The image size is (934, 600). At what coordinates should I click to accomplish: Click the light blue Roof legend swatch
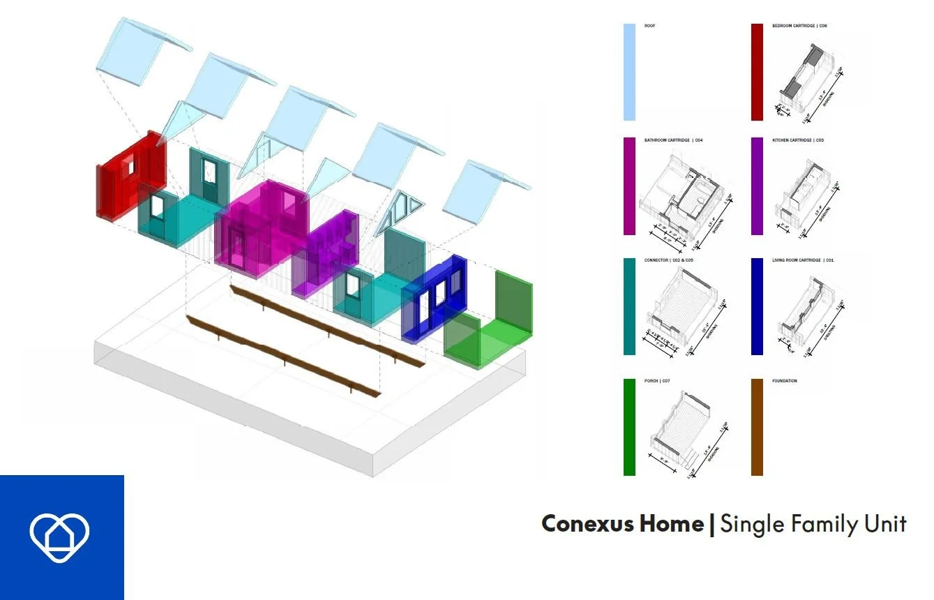point(629,72)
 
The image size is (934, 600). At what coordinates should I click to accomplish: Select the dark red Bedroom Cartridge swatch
point(757,72)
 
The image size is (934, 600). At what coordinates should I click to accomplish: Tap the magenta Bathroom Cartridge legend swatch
point(629,186)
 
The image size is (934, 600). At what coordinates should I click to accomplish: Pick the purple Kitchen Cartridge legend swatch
point(757,186)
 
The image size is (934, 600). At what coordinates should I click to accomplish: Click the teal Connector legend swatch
point(629,306)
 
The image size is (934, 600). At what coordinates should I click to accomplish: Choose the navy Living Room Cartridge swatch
point(757,306)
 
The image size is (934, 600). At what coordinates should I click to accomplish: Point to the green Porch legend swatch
point(629,427)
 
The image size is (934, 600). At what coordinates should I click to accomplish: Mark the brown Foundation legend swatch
point(757,427)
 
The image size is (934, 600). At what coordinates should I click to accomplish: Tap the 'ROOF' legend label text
point(650,26)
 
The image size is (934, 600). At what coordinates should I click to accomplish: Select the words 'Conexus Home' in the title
point(622,523)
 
